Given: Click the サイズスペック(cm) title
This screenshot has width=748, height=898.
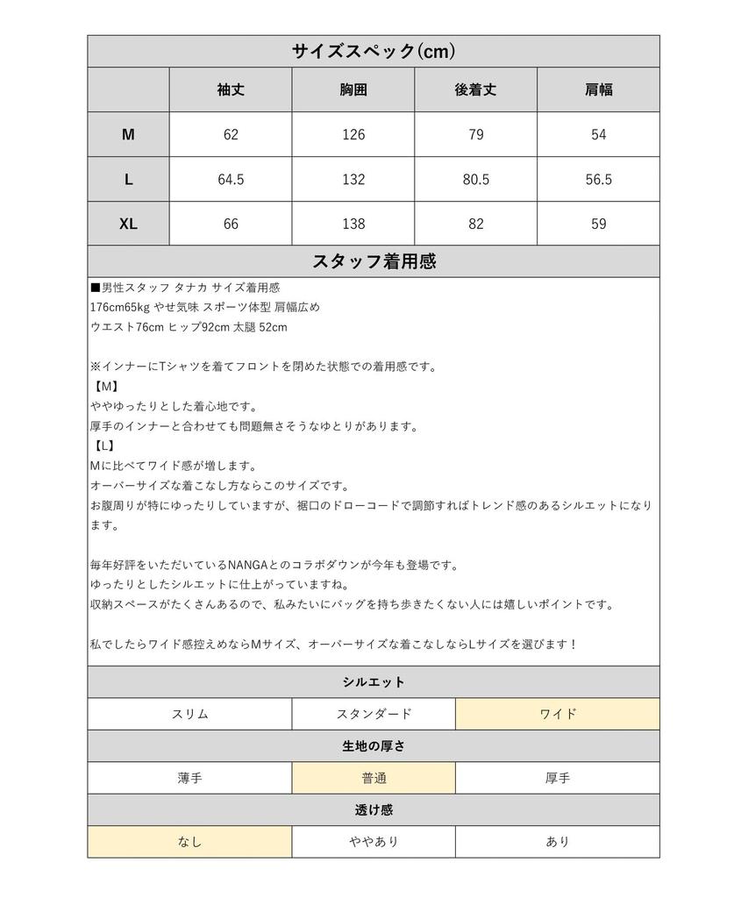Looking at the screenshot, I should [374, 51].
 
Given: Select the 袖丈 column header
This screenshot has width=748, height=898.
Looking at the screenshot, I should [230, 89].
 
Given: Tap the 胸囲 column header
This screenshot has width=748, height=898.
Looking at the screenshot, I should [353, 89].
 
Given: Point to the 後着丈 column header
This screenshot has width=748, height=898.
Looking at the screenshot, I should [475, 89].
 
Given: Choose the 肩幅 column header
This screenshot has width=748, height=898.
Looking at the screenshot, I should [598, 89].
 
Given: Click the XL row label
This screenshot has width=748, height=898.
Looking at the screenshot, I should [128, 224].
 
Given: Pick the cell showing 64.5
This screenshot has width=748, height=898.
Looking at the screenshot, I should [230, 180].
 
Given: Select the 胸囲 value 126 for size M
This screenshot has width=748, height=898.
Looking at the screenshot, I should [353, 135].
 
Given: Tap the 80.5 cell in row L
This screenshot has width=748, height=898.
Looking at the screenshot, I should [475, 180].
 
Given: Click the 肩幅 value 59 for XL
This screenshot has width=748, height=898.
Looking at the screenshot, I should [598, 224].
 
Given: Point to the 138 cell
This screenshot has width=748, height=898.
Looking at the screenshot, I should [353, 224].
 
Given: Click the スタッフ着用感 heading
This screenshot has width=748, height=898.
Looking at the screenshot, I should [374, 261].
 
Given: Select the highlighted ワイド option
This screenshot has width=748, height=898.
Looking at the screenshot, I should [558, 714].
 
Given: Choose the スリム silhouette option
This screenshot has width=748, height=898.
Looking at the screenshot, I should [189, 714].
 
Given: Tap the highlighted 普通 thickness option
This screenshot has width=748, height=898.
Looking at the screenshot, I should [374, 778].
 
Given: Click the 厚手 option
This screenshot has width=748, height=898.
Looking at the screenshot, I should [558, 778].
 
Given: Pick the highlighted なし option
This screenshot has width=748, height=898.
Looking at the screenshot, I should [189, 842].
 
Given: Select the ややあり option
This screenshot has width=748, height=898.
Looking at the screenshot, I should [374, 842].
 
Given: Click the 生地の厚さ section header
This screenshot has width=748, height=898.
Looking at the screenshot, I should [374, 746].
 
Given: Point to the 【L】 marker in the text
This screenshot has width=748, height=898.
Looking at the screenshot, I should [103, 446].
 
